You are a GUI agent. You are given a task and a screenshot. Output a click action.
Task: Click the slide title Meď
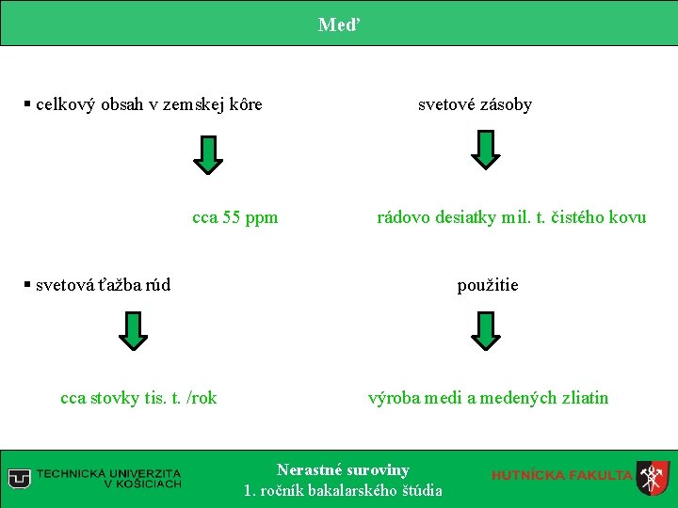click(338, 24)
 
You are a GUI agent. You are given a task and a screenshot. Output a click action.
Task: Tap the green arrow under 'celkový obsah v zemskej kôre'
click(208, 154)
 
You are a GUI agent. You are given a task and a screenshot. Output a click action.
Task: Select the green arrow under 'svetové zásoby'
click(485, 150)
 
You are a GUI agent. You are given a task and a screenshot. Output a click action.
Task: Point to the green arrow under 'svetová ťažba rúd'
click(134, 330)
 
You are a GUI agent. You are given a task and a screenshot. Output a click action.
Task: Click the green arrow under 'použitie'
click(485, 330)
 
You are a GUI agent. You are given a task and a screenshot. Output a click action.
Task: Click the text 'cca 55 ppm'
click(235, 218)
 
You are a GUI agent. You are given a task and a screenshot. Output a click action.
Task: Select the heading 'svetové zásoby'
click(475, 104)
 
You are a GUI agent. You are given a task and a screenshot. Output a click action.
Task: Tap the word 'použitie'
click(488, 285)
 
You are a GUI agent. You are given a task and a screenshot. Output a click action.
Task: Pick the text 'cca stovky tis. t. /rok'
click(138, 398)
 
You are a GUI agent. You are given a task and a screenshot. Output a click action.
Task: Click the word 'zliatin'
click(584, 398)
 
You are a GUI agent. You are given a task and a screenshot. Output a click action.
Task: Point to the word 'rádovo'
click(401, 218)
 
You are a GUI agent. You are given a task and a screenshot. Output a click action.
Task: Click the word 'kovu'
click(627, 218)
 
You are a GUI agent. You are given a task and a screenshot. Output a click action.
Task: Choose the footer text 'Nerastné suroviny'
click(343, 469)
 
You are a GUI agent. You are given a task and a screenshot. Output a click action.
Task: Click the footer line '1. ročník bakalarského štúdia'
click(343, 490)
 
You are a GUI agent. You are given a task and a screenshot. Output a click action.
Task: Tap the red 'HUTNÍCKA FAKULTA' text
click(561, 475)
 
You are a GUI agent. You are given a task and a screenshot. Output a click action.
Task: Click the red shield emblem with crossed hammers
click(652, 477)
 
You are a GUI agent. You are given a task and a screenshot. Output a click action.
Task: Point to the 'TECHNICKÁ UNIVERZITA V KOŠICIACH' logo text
click(108, 478)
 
